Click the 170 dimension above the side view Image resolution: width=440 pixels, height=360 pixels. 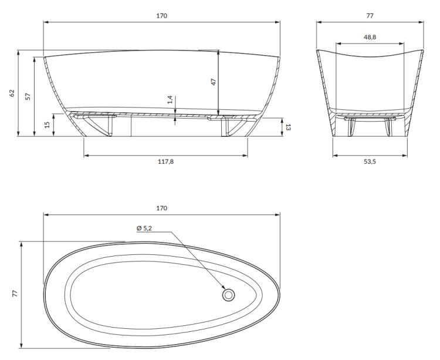[x=162, y=16]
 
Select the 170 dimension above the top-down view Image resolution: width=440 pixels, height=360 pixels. [x=162, y=208]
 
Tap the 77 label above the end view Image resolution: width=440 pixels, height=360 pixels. [x=370, y=16]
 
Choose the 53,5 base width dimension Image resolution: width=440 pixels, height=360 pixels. [x=370, y=162]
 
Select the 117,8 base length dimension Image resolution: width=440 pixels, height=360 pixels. [x=167, y=162]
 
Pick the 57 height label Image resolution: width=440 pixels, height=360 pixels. [x=28, y=96]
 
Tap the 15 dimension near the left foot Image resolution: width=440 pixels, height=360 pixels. [x=47, y=125]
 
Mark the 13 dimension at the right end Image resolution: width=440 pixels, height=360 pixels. [x=287, y=127]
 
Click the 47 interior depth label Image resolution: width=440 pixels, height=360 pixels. [x=214, y=82]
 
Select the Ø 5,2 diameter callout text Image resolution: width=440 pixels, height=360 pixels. [x=144, y=228]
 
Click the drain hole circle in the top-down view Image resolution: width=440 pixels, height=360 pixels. [x=228, y=295]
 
